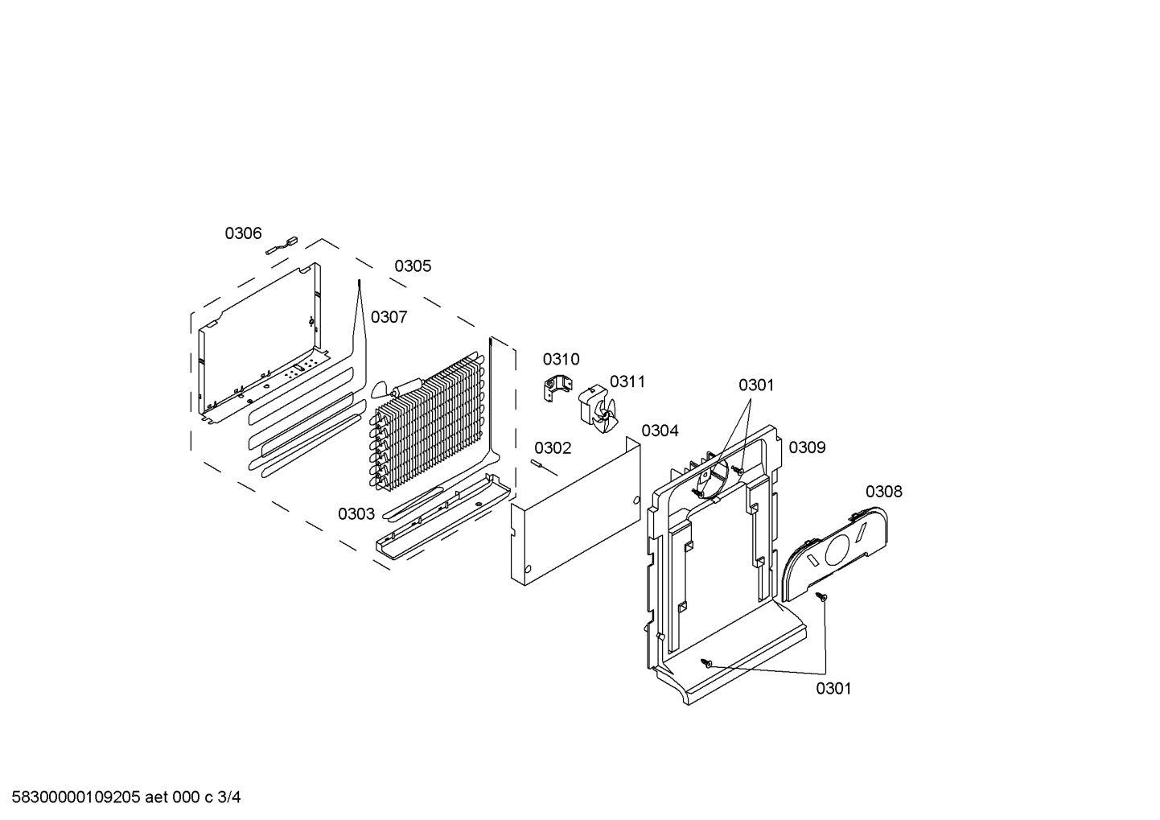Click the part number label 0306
tap(243, 233)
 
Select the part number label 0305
tap(413, 266)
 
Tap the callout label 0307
tap(389, 317)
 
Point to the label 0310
tap(561, 360)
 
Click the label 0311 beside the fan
tap(627, 381)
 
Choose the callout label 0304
tap(660, 431)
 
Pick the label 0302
tap(553, 448)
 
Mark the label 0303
tap(356, 514)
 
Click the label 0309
tap(807, 447)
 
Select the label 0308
tap(884, 492)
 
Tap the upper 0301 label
tap(756, 385)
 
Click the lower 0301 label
tap(833, 689)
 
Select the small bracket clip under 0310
tap(557, 389)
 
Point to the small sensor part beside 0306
tap(282, 245)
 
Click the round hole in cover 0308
tap(837, 550)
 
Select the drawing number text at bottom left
tap(125, 797)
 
